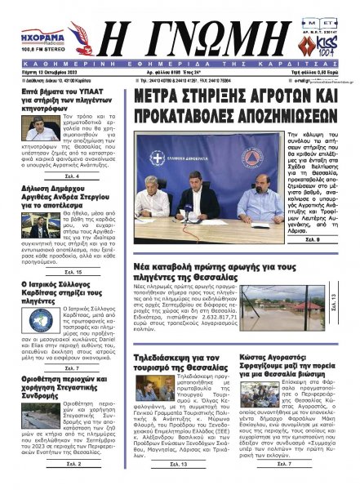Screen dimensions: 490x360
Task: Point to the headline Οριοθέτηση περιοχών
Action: (56, 384)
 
